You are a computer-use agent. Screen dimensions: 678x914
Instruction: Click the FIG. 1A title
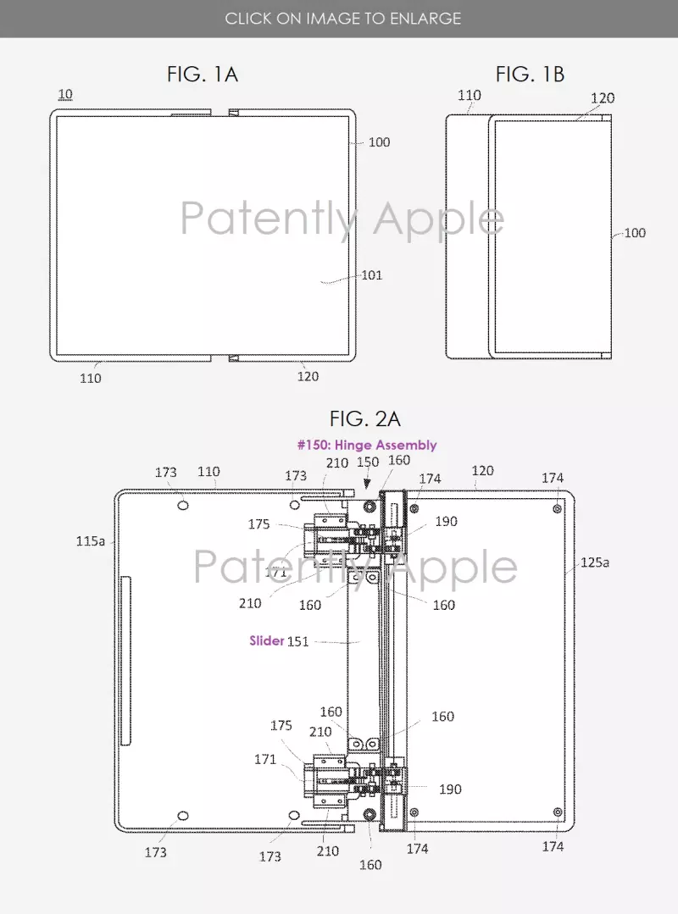(203, 75)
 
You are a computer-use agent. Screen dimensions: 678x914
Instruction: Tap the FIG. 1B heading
(530, 75)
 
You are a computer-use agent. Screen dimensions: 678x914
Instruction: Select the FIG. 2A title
(365, 418)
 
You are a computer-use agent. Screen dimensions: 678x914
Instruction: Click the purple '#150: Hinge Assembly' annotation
(367, 446)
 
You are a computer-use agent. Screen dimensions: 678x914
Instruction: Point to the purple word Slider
(266, 640)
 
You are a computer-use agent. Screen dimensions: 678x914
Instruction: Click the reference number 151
(298, 642)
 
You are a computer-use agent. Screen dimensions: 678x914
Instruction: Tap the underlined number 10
(65, 94)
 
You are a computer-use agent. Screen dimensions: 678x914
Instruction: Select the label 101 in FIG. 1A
(372, 275)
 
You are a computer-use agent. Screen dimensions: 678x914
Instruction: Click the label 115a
(91, 541)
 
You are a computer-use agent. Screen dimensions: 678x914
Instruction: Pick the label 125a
(595, 562)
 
